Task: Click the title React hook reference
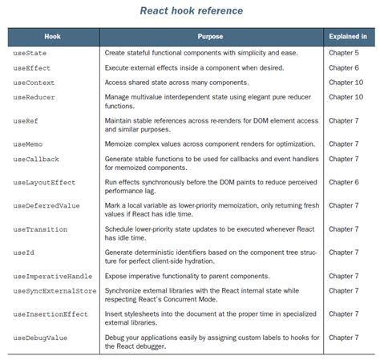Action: coord(192,11)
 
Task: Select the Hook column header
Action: coord(52,37)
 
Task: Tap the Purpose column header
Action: coord(210,37)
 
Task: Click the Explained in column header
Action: coord(348,37)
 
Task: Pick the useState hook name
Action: coord(29,53)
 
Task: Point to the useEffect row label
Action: coord(31,67)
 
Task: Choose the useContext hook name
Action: coord(34,83)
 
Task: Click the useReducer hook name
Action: coord(34,97)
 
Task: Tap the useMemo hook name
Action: coord(29,144)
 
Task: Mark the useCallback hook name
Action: coord(36,160)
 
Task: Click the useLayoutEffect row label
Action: coord(44,183)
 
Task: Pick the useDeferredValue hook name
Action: coord(46,206)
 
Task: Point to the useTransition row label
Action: coord(40,229)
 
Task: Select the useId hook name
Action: coord(24,253)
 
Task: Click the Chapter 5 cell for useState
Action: coord(345,53)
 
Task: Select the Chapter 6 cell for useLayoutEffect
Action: coord(345,183)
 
